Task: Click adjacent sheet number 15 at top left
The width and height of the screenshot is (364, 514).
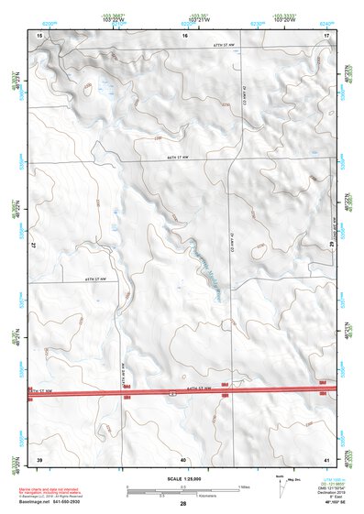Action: point(39,35)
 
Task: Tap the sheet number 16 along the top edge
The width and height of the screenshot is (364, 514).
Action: point(184,35)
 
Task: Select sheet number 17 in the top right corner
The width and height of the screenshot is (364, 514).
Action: point(326,35)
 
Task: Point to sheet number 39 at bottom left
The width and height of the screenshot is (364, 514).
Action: point(39,458)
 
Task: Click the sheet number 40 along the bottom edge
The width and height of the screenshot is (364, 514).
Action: point(183,459)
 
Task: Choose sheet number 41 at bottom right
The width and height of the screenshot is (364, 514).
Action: point(326,458)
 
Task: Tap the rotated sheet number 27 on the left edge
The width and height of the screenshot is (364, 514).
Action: point(32,246)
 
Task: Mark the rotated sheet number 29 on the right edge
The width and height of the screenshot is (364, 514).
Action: point(333,245)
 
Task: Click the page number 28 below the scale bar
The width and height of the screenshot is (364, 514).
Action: point(183,504)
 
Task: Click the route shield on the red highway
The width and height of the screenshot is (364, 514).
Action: point(171,392)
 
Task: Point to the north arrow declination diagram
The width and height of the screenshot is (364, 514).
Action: point(281,485)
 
